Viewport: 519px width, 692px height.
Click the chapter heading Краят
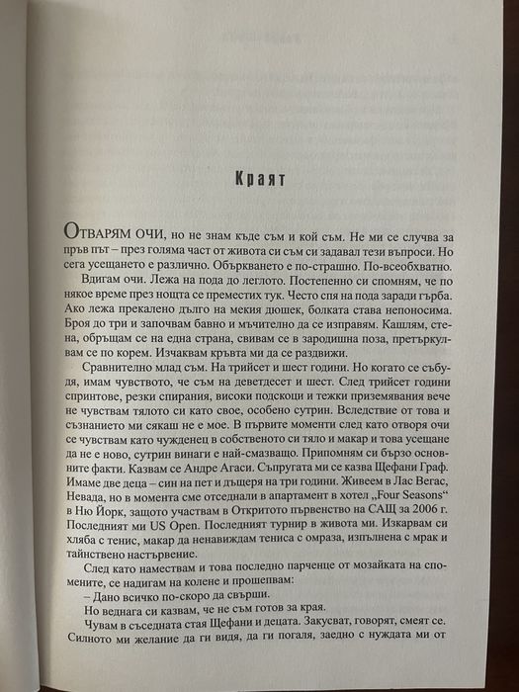[x=259, y=184]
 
